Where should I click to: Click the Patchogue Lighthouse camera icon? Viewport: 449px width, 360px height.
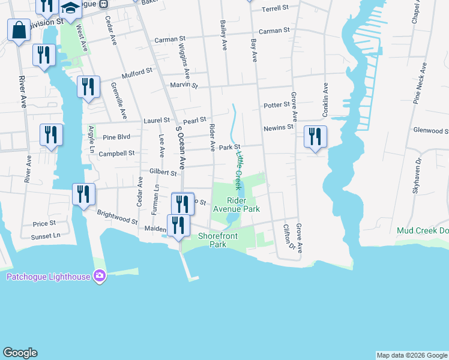coord(100,277)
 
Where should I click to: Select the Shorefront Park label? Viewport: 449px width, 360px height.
coord(218,240)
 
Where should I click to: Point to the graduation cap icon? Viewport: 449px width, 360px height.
coord(71,8)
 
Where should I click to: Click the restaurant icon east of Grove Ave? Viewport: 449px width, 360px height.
coord(315,137)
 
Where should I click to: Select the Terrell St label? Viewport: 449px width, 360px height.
coord(276,10)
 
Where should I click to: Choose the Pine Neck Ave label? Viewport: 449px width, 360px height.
coord(421,83)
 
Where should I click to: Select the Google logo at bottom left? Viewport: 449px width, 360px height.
coord(20,353)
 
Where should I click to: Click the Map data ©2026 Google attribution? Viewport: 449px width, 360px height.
coord(412,355)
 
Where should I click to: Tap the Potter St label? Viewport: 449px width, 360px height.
coord(277,105)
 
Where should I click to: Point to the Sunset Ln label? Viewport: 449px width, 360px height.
coord(47,236)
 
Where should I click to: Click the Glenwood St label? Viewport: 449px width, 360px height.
coord(430,130)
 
